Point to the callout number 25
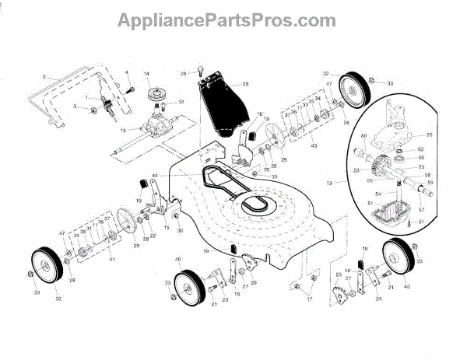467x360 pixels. click(x=246, y=83)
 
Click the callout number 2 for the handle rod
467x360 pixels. click(x=46, y=77)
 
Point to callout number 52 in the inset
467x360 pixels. click(x=429, y=135)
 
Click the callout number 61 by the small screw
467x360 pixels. click(x=423, y=222)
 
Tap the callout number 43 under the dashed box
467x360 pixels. click(x=314, y=147)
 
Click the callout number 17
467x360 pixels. click(x=309, y=297)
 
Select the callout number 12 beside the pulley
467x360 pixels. click(x=181, y=102)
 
